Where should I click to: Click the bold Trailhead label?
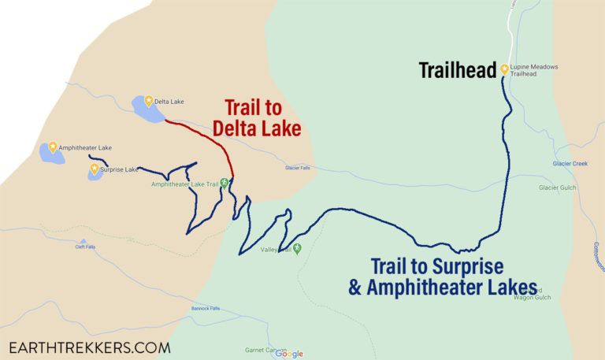point(457,71)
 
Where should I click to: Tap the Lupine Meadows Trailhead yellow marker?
point(504,70)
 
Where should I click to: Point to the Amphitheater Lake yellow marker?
point(53,147)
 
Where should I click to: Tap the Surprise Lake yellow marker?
point(95,168)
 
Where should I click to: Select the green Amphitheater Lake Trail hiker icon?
point(224,184)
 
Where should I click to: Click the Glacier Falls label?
point(302,168)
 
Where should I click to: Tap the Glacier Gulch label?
point(558,187)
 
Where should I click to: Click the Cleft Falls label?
point(85,247)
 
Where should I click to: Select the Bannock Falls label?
point(206,308)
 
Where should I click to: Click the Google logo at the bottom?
point(289,354)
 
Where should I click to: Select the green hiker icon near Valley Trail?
point(297,249)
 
